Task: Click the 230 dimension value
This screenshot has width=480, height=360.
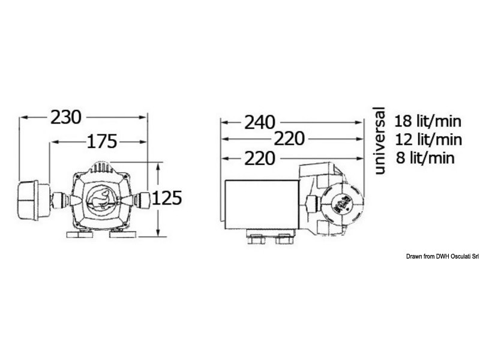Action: (x=65, y=118)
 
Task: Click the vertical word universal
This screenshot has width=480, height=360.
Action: (x=378, y=140)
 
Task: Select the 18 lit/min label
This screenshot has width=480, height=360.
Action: (x=428, y=121)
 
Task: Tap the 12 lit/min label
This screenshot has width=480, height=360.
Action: (x=428, y=140)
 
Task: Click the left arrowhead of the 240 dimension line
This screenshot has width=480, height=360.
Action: (x=224, y=122)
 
